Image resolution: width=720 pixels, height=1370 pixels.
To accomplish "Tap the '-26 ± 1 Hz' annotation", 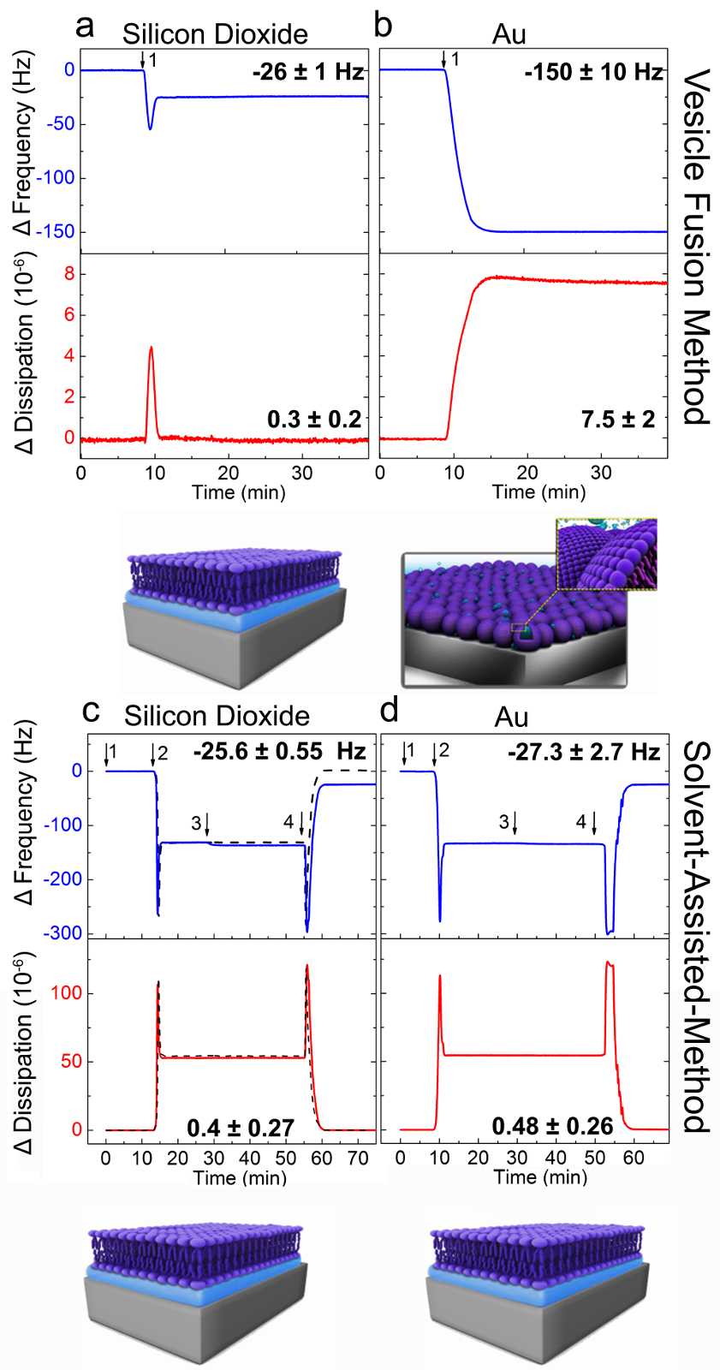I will (x=308, y=72).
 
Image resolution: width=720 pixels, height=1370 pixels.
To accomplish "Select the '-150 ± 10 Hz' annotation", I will (x=594, y=72).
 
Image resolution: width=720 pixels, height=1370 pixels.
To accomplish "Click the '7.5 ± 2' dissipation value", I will (x=617, y=419).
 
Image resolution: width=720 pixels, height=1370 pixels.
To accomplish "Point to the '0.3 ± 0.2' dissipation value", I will (x=314, y=419).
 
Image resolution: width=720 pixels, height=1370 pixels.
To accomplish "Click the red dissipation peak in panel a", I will (x=152, y=348).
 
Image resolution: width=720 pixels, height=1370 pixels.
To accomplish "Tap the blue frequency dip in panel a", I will (x=151, y=128).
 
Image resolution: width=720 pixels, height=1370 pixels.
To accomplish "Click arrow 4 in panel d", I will (x=593, y=825).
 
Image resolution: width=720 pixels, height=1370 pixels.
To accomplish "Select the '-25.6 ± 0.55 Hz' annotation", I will (x=279, y=752).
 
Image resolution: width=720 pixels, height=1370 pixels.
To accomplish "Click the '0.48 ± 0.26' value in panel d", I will (x=552, y=1126).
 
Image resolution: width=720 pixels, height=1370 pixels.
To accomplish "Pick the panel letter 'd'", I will (x=390, y=710).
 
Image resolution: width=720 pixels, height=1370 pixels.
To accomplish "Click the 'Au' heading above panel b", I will (x=509, y=35).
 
